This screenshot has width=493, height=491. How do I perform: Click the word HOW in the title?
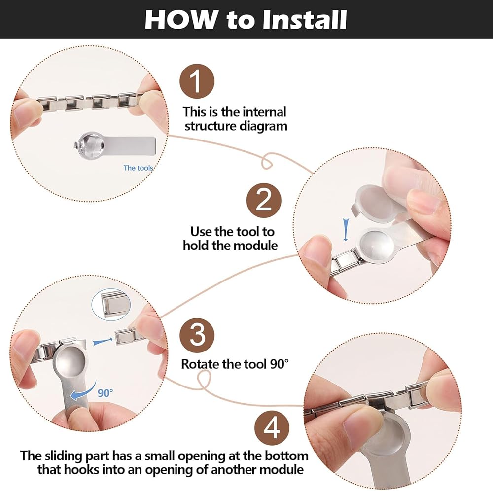pos(180,20)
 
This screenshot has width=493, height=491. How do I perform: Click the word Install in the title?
pos(305,20)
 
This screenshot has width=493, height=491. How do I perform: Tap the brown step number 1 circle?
pos(197,81)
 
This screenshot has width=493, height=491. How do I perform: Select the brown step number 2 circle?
pos(263,201)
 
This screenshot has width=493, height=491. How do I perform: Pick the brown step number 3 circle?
pos(197,335)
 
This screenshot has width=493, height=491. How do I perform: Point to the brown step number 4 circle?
pos(272,427)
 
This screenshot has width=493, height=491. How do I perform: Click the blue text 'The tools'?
pos(138,168)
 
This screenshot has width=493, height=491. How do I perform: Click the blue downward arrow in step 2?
pos(346,230)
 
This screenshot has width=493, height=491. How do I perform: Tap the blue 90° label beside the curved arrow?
pos(105,393)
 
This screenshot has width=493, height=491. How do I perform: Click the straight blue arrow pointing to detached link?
pos(103,341)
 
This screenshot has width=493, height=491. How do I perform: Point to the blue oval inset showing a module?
pos(111,305)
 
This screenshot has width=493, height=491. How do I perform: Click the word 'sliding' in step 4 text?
pos(62,456)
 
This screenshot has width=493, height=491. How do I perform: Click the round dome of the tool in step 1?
pos(91,144)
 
